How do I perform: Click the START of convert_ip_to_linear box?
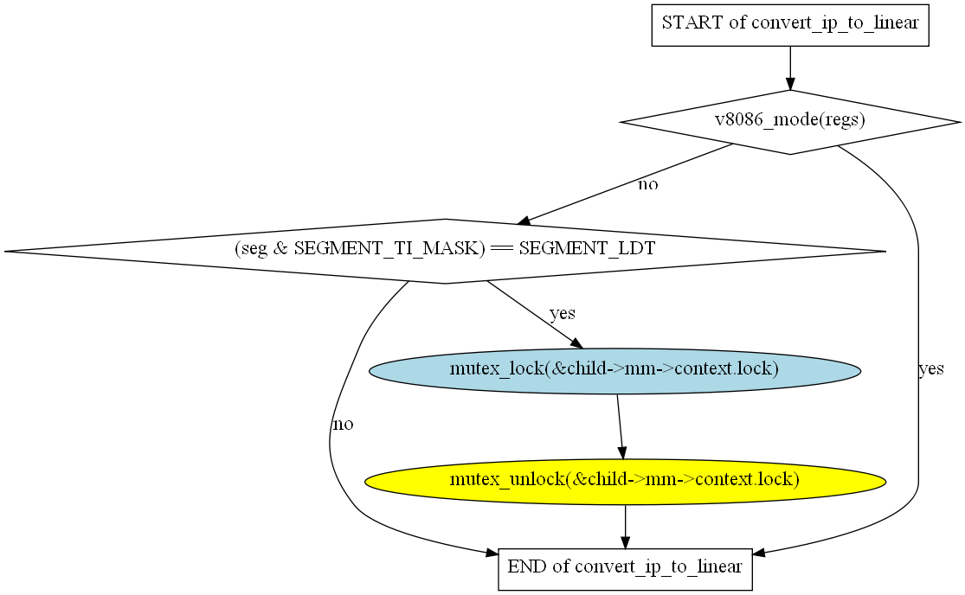(x=789, y=23)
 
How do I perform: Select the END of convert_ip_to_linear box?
(x=625, y=568)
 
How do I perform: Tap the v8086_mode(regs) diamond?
(x=789, y=122)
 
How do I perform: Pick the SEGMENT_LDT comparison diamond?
(x=445, y=251)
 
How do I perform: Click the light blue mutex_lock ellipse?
(x=614, y=370)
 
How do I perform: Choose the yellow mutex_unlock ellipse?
(x=625, y=480)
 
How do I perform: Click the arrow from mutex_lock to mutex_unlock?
(x=620, y=425)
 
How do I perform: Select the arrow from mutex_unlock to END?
(x=625, y=526)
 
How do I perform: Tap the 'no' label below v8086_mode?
(x=647, y=185)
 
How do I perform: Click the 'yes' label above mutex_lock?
(x=563, y=313)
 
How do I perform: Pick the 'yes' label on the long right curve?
(x=930, y=369)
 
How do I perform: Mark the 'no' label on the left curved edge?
(x=343, y=425)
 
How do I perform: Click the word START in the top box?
(x=692, y=23)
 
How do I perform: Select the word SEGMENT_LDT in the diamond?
(x=587, y=250)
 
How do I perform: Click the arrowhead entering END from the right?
(x=760, y=553)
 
